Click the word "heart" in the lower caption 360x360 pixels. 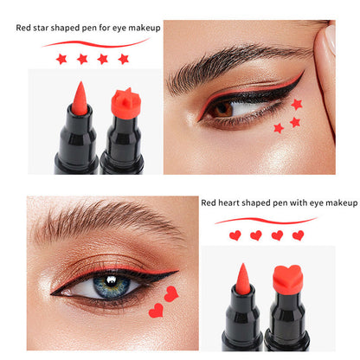228,202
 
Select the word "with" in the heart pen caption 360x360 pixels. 299,202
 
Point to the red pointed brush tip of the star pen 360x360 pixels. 80,98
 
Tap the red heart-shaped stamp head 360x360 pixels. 287,280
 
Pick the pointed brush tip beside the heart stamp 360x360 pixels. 243,279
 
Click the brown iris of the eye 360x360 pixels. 223,109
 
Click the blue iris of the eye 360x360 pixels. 112,286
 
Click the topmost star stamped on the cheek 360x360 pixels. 297,104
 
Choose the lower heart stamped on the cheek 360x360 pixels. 156,311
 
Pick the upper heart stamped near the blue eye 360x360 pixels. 171,293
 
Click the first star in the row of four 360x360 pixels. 61,59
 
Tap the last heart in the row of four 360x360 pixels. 298,235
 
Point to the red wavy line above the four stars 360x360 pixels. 95,43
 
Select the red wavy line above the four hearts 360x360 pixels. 266,221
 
